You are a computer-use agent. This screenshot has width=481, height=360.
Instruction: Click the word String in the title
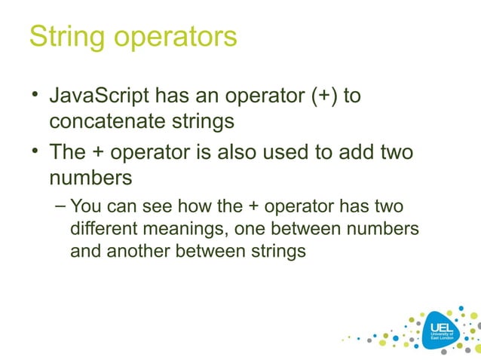[63, 37]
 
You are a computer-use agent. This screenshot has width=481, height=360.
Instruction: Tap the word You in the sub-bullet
[85, 207]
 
